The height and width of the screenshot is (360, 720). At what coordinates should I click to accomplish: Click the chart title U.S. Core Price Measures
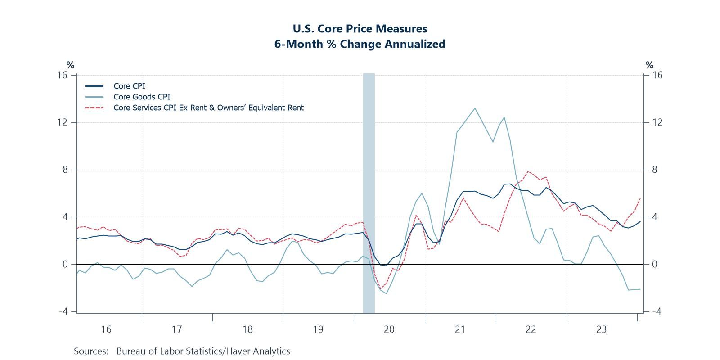coord(360,29)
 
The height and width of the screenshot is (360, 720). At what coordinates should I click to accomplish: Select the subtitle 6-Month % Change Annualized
coord(360,44)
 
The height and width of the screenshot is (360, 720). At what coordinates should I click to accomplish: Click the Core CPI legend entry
coord(129,86)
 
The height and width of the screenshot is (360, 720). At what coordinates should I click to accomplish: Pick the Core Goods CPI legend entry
coord(142,97)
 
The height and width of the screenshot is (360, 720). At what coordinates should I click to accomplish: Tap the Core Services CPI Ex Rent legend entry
coord(208,108)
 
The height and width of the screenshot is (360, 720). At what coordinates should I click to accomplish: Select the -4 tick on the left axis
coord(62,311)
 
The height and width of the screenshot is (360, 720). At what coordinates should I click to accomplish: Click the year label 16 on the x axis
coord(106,329)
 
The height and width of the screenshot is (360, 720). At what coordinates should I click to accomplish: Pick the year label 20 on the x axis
coord(389,329)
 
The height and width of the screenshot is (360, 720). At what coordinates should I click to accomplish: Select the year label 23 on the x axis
coord(601,329)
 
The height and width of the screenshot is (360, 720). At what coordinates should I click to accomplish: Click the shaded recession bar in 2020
coord(369,193)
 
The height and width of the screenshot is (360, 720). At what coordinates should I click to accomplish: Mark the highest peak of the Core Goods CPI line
coord(475,108)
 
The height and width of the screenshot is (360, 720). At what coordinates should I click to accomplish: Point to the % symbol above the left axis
coord(70,65)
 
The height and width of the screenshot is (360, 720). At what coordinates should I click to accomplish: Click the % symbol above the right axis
coord(649,65)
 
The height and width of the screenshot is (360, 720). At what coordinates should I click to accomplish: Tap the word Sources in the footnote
coord(91,351)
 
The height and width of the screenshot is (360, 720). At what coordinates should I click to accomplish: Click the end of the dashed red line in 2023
coord(640,198)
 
